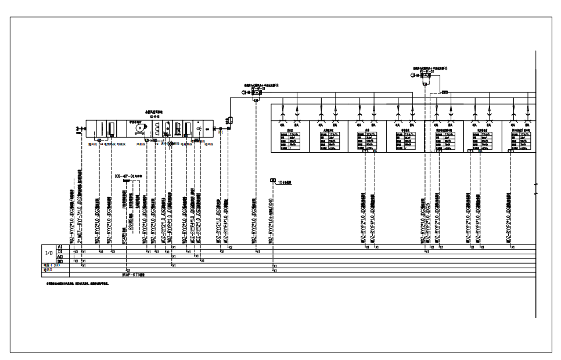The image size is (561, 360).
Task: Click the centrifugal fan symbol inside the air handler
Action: click(x=139, y=128)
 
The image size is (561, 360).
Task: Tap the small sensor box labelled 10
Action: click(x=273, y=181)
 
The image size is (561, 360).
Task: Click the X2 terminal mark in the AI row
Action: click(x=230, y=247)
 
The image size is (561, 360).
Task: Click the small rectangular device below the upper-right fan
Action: click(x=445, y=92)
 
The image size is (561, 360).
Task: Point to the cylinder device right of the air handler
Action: click(x=229, y=121)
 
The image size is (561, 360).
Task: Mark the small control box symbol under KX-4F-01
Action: click(x=125, y=181)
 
